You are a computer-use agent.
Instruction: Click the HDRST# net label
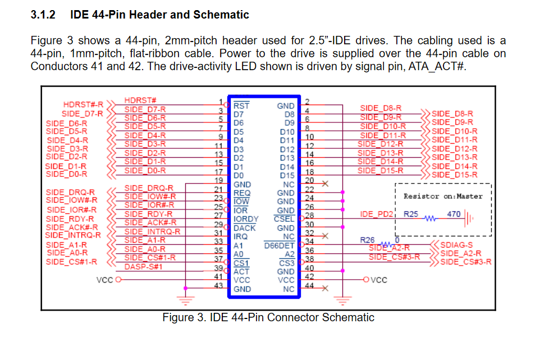(x=140, y=100)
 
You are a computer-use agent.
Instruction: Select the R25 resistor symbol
(x=430, y=218)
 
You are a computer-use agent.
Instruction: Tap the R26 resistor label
(x=367, y=240)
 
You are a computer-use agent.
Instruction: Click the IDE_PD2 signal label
(x=377, y=215)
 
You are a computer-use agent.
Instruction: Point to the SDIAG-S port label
(x=456, y=245)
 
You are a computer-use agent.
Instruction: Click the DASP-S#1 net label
(x=143, y=267)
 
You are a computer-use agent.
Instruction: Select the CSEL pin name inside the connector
(x=284, y=219)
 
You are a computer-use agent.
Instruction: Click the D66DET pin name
(x=280, y=245)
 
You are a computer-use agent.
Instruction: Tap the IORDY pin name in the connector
(x=246, y=219)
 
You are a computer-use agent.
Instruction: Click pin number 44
(x=309, y=286)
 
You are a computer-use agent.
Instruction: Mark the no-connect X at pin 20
(x=325, y=184)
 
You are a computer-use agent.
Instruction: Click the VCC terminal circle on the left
(x=118, y=279)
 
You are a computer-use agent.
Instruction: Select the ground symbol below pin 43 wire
(x=185, y=300)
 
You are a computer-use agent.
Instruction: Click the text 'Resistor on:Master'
(x=443, y=197)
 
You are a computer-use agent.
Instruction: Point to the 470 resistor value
(x=454, y=214)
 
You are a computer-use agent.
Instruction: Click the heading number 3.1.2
(x=43, y=15)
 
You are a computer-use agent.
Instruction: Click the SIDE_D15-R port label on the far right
(x=455, y=175)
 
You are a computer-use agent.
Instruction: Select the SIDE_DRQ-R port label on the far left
(x=70, y=192)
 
